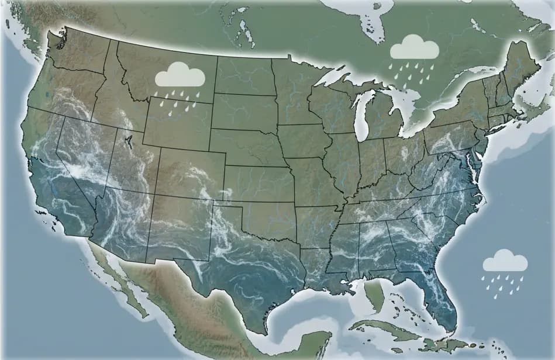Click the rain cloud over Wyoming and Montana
click(180, 77)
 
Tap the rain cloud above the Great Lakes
click(414, 47)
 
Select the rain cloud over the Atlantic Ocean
click(505, 261)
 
